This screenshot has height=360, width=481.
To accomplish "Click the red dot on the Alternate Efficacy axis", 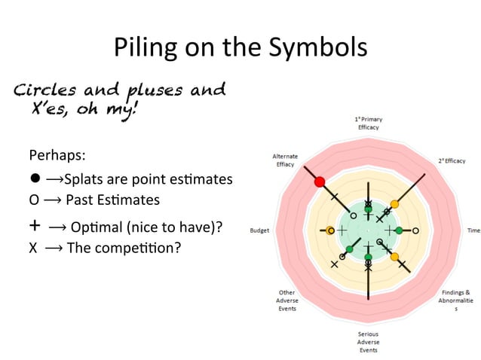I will pyautogui.click(x=320, y=182).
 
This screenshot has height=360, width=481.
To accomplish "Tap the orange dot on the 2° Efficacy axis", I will pyautogui.click(x=394, y=204).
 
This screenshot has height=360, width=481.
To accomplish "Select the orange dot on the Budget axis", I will pyautogui.click(x=330, y=230).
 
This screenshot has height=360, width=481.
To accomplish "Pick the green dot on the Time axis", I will pyautogui.click(x=399, y=230).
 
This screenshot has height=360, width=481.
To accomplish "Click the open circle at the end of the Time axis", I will pyautogui.click(x=415, y=230).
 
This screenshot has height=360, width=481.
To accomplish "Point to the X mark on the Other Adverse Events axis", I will pyautogui.click(x=335, y=264).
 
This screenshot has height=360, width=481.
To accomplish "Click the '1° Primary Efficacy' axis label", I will pyautogui.click(x=368, y=123).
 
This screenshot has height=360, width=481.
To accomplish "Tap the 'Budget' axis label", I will pyautogui.click(x=260, y=230).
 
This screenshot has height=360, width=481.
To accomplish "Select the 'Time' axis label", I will pyautogui.click(x=473, y=230).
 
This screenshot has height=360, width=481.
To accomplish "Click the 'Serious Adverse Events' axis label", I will pyautogui.click(x=368, y=342).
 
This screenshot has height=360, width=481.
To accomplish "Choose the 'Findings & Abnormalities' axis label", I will pyautogui.click(x=455, y=300).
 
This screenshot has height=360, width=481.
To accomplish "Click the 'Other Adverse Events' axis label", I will pyautogui.click(x=286, y=300).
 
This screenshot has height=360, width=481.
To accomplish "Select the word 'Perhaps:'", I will pyautogui.click(x=57, y=156).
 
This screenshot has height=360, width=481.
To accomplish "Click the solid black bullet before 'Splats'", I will pyautogui.click(x=35, y=179).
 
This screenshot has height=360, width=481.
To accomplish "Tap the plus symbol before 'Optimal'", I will pyautogui.click(x=35, y=225).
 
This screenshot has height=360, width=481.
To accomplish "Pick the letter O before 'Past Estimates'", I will pyautogui.click(x=34, y=200).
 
